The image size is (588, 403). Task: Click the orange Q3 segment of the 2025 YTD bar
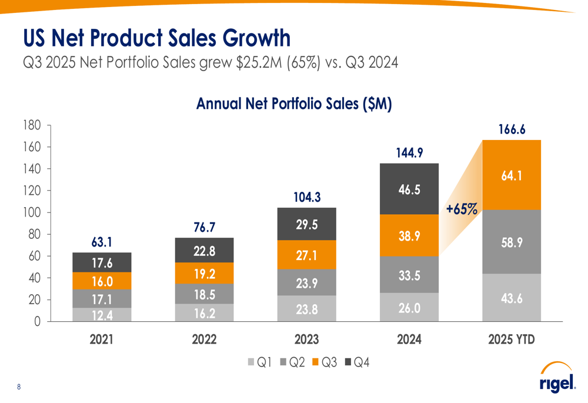point(512,175)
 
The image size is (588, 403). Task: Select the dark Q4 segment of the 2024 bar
point(409,189)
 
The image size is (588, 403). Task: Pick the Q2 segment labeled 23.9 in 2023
point(307,283)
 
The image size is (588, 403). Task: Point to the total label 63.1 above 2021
point(102,241)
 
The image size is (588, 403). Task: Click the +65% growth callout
point(461,208)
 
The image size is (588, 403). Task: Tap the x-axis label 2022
point(204,339)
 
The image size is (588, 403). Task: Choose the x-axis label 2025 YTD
point(512,339)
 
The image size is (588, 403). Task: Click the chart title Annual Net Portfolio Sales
point(293,104)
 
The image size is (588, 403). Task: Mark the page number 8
point(19,387)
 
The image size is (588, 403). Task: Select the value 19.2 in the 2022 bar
point(204,273)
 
